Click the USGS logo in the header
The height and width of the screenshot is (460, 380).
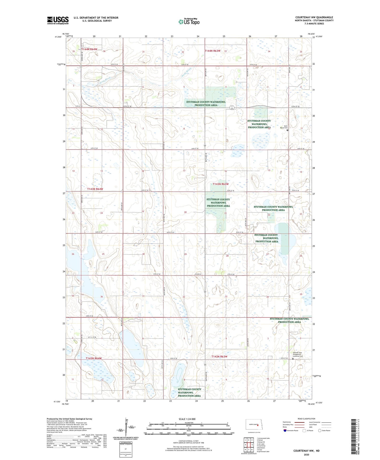click(58, 20)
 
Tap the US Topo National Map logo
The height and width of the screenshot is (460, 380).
click(189, 21)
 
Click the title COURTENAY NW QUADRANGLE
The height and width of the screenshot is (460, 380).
click(314, 17)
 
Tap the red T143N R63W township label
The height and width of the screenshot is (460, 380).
click(221, 184)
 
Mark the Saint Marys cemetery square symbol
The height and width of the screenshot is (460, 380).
click(287, 130)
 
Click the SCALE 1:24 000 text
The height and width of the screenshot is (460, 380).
click(187, 419)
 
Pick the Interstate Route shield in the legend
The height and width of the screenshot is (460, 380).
click(285, 430)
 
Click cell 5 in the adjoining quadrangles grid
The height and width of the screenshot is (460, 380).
click(252, 445)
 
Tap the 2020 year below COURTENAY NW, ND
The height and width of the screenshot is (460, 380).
click(306, 454)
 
